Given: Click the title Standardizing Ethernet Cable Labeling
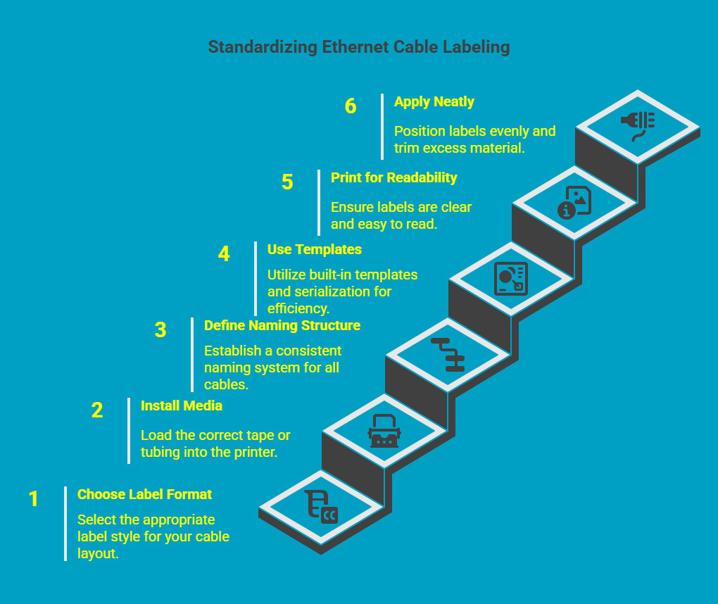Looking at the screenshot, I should point(358,47).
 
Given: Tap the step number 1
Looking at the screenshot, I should point(34,499).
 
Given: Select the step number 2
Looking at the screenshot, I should point(97,410).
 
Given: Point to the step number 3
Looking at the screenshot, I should point(160,330).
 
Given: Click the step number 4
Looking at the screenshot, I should point(224,254).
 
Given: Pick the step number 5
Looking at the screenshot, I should point(287,182).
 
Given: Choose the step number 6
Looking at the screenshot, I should point(351,106).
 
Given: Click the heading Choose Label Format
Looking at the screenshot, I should point(144,494).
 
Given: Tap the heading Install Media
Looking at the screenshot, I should point(181,405).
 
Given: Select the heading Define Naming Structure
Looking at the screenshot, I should point(282,325).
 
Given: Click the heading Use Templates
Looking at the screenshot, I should point(314,249).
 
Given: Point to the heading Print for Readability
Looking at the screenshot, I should point(393,177).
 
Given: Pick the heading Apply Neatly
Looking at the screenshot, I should point(434,101).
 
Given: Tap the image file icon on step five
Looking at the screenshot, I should point(574,202).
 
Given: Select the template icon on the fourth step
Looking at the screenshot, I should point(511,278).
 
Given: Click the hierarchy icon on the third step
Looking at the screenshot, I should point(448,354).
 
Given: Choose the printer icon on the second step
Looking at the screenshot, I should point(384,431).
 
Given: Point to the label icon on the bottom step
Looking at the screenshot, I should point(321,507).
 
